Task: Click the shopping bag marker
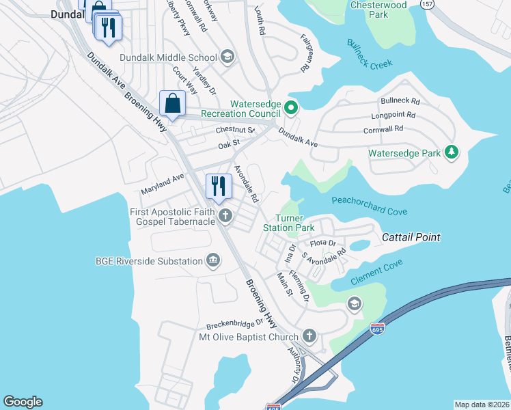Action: [173, 104]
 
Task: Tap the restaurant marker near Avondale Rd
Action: [219, 187]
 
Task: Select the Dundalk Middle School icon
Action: [227, 57]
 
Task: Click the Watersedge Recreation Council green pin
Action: [290, 107]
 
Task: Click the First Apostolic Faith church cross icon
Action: [226, 217]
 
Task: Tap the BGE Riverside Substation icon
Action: [213, 260]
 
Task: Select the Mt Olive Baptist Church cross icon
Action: [309, 336]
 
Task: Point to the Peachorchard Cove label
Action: [369, 206]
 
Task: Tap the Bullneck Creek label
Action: [370, 53]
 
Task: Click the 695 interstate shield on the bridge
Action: [376, 329]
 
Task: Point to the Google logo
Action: [23, 402]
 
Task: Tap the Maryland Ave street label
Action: [163, 182]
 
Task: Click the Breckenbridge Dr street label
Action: [230, 324]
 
